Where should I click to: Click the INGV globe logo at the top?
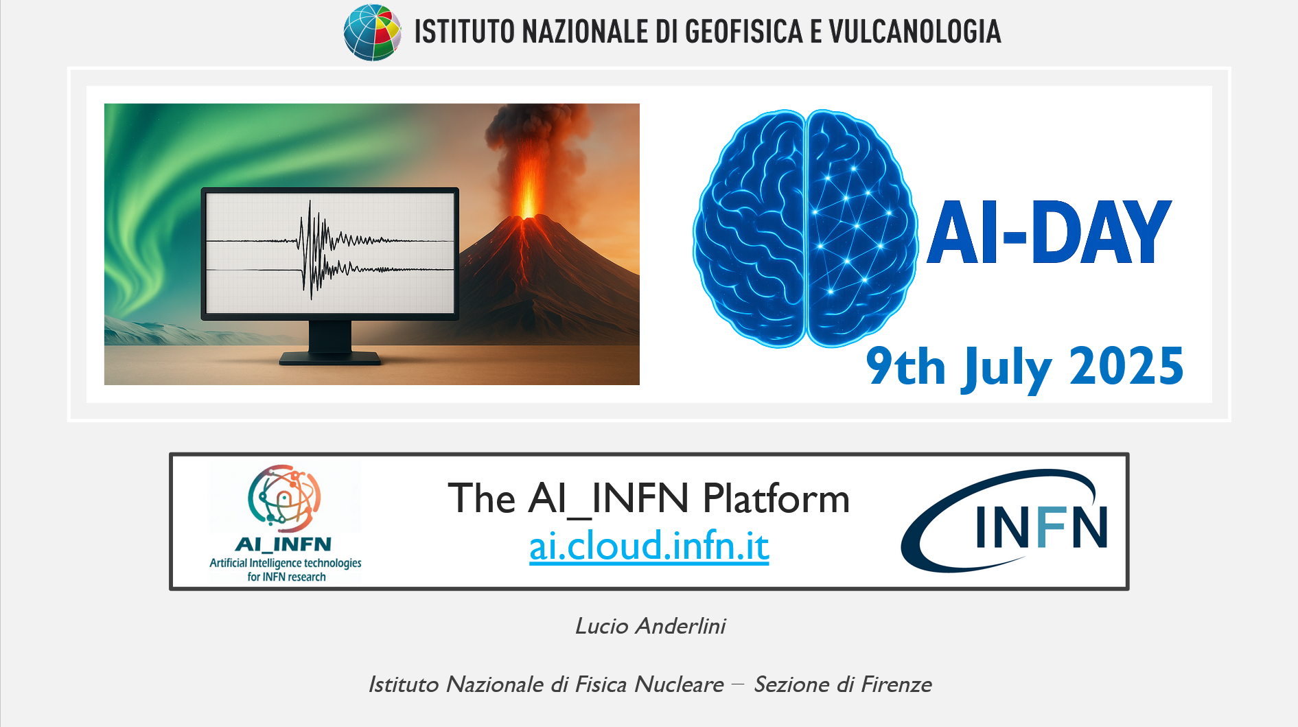coord(373,32)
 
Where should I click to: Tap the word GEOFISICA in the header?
coord(744,32)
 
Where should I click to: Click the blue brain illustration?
coord(805,229)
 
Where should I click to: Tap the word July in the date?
coord(1007,369)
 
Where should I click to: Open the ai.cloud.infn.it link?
coord(649,546)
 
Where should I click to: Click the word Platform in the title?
coord(776,499)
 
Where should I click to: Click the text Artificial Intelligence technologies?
coord(286,563)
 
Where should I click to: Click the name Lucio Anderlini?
coord(650,626)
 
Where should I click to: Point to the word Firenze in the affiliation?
coord(896,684)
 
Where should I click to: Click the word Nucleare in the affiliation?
coord(679,684)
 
